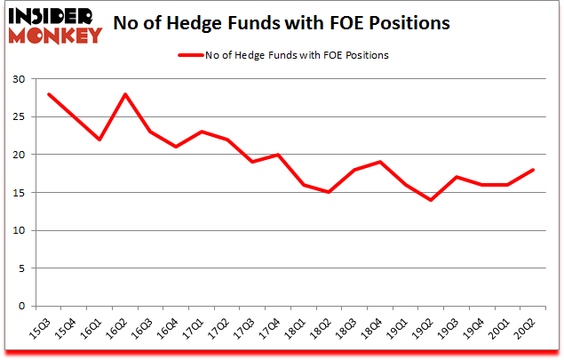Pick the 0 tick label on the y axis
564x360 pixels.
click(20, 306)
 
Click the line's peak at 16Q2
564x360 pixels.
click(126, 94)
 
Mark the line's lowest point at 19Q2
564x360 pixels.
click(432, 200)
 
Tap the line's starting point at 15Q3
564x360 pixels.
click(50, 94)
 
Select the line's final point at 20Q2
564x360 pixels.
click(533, 170)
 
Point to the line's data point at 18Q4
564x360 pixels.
click(381, 162)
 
